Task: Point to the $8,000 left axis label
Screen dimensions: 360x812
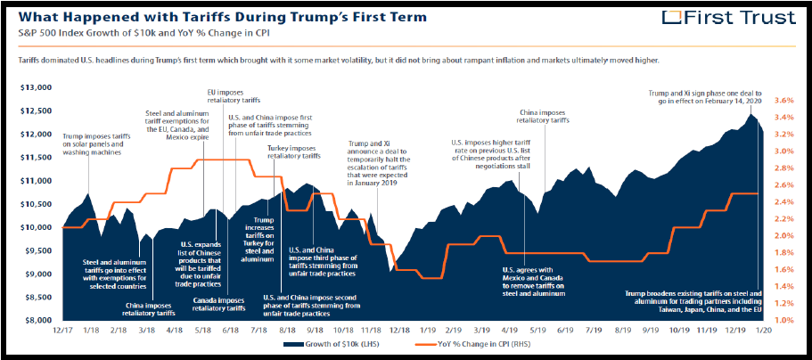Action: coord(36,320)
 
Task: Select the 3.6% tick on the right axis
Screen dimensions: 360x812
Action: coord(781,100)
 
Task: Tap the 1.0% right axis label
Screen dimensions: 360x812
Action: coord(781,320)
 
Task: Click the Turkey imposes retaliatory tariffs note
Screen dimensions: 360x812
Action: coord(293,151)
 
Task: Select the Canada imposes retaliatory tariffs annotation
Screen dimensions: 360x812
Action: coord(221,305)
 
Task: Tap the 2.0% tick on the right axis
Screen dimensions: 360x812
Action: coord(781,235)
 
